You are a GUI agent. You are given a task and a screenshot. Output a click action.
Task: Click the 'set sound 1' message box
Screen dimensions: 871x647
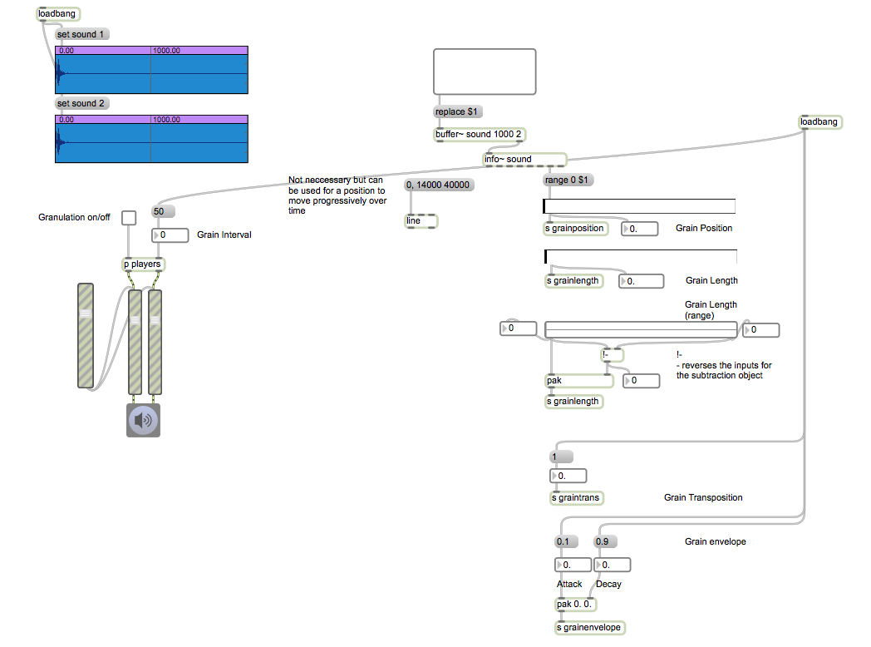tap(82, 34)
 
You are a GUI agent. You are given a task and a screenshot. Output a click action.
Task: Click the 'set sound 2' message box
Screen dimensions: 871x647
tap(82, 103)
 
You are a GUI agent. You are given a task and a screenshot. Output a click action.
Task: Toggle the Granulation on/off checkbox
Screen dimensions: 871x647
tap(129, 218)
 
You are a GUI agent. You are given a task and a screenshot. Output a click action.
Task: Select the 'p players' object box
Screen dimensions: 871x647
tap(143, 264)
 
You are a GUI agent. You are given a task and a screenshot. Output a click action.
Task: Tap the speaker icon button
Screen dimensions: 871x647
tap(143, 420)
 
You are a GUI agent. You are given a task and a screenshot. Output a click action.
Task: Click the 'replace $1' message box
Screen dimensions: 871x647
tap(458, 111)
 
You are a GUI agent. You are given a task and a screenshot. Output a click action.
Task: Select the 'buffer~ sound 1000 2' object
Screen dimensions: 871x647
tap(480, 135)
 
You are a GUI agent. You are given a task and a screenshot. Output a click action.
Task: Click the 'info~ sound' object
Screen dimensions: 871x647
tap(524, 160)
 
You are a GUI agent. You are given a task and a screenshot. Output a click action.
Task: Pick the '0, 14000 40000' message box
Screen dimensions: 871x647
tap(440, 185)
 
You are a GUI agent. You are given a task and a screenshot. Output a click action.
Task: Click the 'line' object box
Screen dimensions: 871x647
tap(421, 221)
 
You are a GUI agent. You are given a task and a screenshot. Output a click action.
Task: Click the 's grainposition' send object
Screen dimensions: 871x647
tap(575, 229)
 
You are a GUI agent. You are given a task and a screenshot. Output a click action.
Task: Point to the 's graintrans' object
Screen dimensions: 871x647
tap(577, 498)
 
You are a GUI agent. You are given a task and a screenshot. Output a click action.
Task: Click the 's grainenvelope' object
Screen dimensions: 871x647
tap(590, 628)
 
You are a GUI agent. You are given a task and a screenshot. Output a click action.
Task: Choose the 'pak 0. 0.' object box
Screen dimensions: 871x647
tap(575, 605)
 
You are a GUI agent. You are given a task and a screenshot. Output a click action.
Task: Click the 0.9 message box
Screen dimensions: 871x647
tap(606, 541)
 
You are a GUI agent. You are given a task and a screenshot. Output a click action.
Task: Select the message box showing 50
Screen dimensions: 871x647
tap(163, 211)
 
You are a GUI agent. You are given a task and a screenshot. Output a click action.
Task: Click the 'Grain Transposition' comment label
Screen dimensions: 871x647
tap(703, 497)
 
